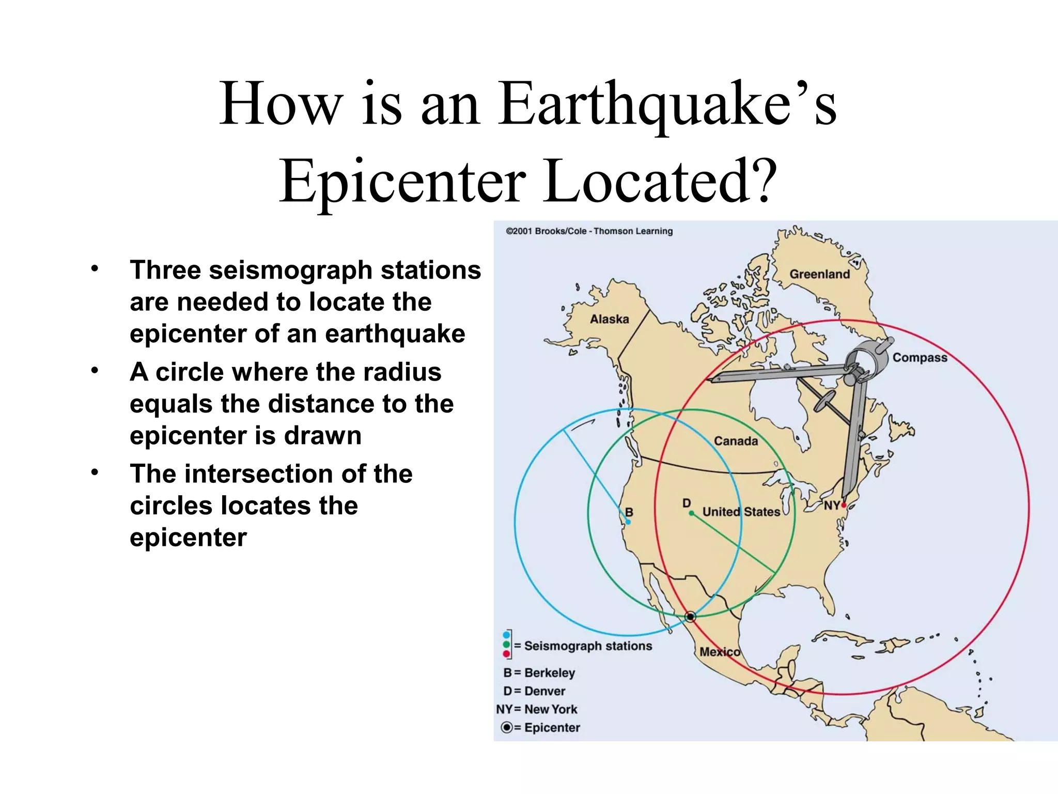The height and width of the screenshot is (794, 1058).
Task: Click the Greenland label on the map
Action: [819, 274]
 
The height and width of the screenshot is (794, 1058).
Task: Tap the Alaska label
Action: [610, 319]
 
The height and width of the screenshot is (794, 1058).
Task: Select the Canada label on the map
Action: [736, 441]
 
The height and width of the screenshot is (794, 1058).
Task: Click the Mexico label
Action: [720, 652]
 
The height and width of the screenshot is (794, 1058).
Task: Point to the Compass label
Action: [920, 358]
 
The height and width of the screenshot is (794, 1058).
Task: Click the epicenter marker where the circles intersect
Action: [690, 617]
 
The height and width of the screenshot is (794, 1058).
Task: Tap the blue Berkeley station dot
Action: [628, 522]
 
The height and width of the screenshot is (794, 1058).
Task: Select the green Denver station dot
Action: [691, 513]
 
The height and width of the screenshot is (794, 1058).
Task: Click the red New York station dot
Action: [844, 505]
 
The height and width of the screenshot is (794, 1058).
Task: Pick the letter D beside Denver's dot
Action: [686, 502]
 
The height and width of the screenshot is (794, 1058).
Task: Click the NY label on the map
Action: [831, 505]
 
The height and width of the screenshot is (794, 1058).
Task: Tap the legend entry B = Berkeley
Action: [539, 673]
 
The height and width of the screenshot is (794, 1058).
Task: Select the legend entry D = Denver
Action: [535, 691]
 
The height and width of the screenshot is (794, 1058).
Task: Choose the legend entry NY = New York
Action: [537, 709]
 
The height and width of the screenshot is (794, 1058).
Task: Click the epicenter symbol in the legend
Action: [507, 727]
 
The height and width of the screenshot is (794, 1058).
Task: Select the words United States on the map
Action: [741, 512]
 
